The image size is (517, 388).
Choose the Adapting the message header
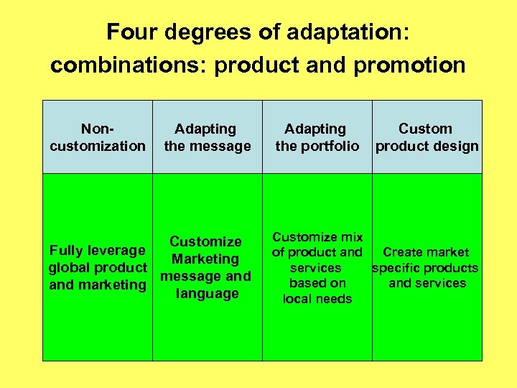tap(207, 137)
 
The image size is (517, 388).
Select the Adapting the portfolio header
tap(317, 137)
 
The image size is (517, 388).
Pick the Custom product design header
tap(427, 137)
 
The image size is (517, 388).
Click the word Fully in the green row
tap(67, 250)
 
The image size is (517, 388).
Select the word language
tap(207, 293)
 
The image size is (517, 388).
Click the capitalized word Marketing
tap(205, 259)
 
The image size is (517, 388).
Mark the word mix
tap(352, 236)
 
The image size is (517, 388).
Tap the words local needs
tap(317, 298)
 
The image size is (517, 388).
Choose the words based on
tap(317, 283)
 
